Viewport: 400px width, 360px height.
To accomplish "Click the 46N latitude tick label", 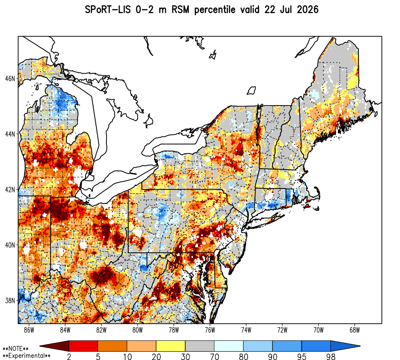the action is [x=10, y=78].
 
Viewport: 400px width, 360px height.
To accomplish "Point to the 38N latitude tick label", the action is [x=10, y=300].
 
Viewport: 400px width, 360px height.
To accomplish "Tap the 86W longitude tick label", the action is [x=29, y=330].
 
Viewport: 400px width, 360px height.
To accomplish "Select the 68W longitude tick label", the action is [x=354, y=330].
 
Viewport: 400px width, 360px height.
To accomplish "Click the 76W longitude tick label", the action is [x=210, y=330].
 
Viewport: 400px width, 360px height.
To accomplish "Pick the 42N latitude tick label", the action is [x=10, y=190].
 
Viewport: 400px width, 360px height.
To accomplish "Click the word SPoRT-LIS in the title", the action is [x=108, y=10].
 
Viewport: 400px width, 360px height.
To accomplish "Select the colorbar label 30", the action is [x=186, y=356].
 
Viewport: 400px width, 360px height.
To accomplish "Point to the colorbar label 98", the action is [x=331, y=356].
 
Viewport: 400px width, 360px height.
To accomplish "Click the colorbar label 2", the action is [x=69, y=356].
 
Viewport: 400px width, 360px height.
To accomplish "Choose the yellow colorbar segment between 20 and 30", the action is [x=171, y=346].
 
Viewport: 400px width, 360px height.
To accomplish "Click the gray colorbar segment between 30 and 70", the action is [x=200, y=346].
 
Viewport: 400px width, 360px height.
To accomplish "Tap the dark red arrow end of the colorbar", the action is [x=54, y=346].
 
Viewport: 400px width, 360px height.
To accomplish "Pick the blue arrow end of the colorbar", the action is [x=346, y=346].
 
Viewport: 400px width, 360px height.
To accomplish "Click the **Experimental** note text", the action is [x=26, y=356].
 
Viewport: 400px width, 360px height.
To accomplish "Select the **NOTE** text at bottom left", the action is [x=16, y=348].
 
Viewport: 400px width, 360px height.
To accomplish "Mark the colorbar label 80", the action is [x=244, y=356].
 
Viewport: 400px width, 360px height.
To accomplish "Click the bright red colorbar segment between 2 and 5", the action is [x=84, y=346].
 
